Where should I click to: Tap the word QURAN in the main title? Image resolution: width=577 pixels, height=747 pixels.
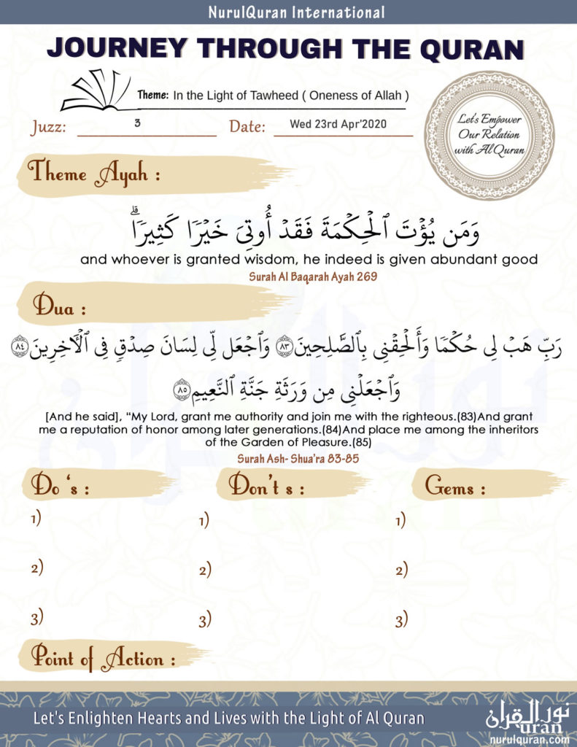(x=471, y=48)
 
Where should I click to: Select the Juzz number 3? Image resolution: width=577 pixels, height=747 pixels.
(x=137, y=123)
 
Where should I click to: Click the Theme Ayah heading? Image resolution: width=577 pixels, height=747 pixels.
(x=93, y=174)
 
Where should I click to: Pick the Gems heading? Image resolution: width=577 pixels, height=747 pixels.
(x=455, y=487)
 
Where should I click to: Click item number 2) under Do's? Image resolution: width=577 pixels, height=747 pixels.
(x=36, y=568)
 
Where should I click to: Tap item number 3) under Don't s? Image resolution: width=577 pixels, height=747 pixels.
(x=205, y=620)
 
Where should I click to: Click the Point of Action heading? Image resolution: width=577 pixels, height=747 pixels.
(x=101, y=659)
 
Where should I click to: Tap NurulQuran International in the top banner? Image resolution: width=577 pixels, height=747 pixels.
(x=288, y=12)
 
